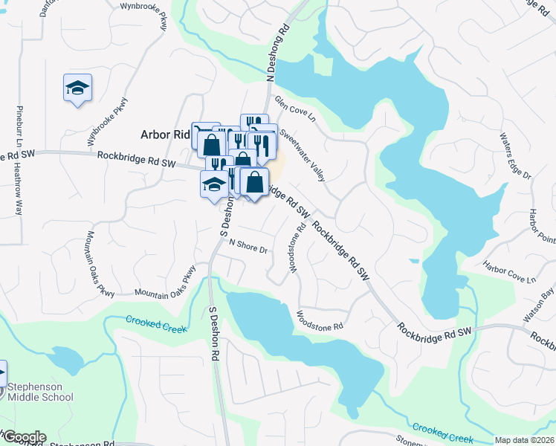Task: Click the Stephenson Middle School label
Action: (40, 392)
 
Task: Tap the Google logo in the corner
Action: (24, 437)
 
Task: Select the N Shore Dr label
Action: (248, 245)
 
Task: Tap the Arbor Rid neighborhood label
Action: (166, 135)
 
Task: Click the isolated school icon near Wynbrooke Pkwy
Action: (78, 88)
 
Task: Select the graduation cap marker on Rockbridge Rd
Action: (214, 183)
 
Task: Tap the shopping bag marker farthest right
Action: (254, 182)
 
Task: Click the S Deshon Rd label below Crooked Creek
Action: (214, 335)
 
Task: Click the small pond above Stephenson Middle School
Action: (65, 361)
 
